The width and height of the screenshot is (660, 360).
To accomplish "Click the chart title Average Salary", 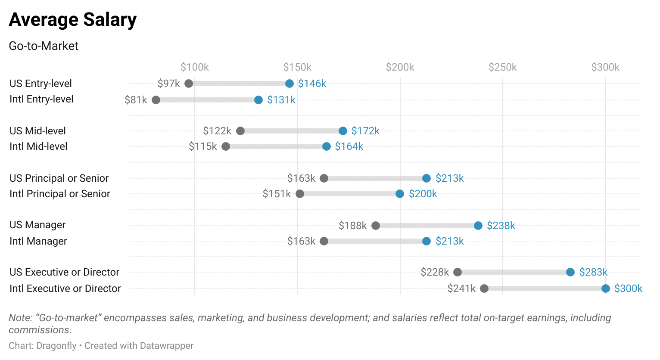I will pos(73,20).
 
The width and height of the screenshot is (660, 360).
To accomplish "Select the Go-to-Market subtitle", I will pos(44,46).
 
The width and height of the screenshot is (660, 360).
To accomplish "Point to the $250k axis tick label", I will pos(502,67).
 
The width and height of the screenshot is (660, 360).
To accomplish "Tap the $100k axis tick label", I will pos(194,67).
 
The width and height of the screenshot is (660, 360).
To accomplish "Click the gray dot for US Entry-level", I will pos(189,84).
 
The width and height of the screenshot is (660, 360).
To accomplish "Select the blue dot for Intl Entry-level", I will pos(258,100).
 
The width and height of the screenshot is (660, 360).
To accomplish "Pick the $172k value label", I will pos(365,131).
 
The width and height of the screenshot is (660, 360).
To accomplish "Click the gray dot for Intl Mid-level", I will pos(226,146).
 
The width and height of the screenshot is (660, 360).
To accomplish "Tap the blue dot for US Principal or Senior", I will pos(427,178).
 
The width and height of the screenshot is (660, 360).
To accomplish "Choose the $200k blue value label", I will pos(423,194).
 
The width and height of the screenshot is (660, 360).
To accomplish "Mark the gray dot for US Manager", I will pos(376,226).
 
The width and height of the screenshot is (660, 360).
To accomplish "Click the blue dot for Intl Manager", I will pos(427,241).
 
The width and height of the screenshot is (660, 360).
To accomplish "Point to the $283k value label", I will pos(593,272).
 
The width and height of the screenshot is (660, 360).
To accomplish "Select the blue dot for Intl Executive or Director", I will pos(606,289).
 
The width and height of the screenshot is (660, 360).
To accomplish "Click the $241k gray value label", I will pos(461,289).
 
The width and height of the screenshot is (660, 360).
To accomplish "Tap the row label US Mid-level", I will pos(38,131).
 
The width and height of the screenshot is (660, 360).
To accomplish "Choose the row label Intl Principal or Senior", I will pos(60,194).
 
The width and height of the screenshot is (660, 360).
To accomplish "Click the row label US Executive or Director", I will pos(65,272).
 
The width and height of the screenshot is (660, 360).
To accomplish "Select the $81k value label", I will pos(136,100).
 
